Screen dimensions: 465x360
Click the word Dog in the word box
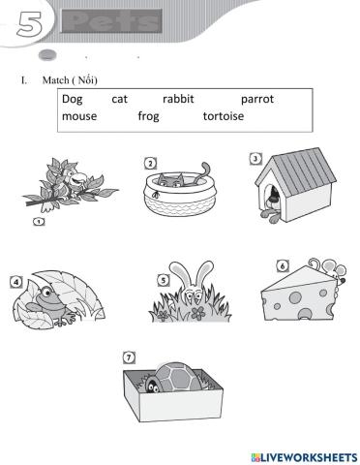tap(72, 99)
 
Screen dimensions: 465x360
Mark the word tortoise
tap(224, 116)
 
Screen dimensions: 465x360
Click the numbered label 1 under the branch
tap(38, 222)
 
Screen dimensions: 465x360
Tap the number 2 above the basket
tap(150, 162)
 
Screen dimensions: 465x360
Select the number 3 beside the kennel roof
tap(254, 159)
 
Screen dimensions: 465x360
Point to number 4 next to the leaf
tap(16, 283)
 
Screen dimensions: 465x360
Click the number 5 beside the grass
tap(164, 280)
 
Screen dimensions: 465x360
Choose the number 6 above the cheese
tap(281, 265)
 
